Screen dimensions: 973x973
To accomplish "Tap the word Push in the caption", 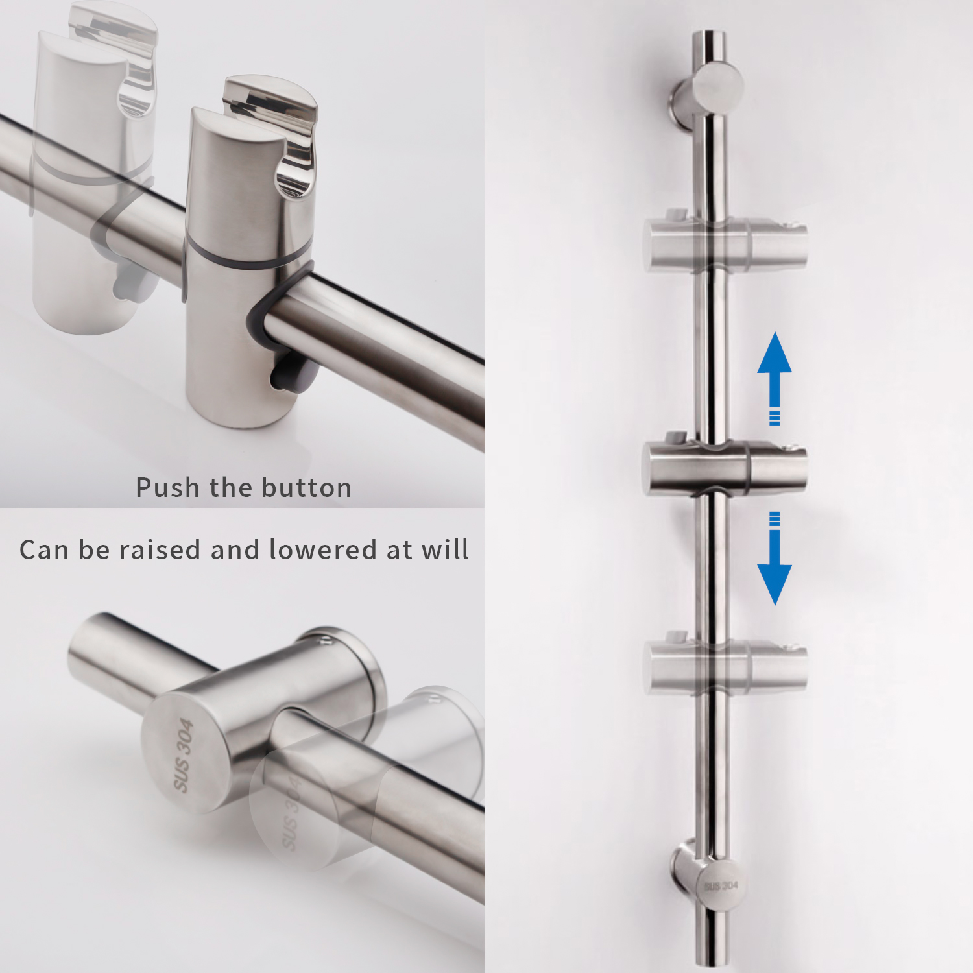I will click(x=168, y=488).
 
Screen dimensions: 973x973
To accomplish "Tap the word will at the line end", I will click(x=444, y=550).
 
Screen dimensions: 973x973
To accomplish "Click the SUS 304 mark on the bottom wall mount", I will click(x=721, y=885).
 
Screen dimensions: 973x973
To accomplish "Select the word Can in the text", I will click(x=44, y=550).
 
